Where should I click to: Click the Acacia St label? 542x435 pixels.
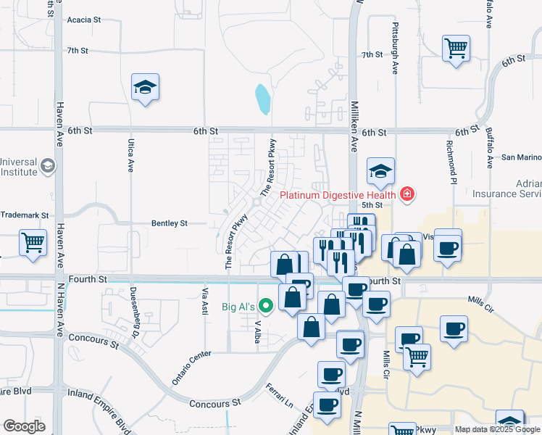pos(83,21)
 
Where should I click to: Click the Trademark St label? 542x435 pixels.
pos(24,215)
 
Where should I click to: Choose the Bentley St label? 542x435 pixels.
pos(169,223)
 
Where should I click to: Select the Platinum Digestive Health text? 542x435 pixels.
pos(338,194)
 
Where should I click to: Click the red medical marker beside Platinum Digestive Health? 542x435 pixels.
pos(407,194)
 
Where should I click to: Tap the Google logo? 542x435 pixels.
pos(24,426)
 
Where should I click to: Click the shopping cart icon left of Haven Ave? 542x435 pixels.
pos(34,243)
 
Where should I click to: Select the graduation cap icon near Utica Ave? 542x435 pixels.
pos(145,87)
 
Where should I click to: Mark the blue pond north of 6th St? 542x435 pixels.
pos(262,99)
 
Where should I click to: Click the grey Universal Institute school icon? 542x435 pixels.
pos(48,167)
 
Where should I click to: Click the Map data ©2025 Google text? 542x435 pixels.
pos(497,429)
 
